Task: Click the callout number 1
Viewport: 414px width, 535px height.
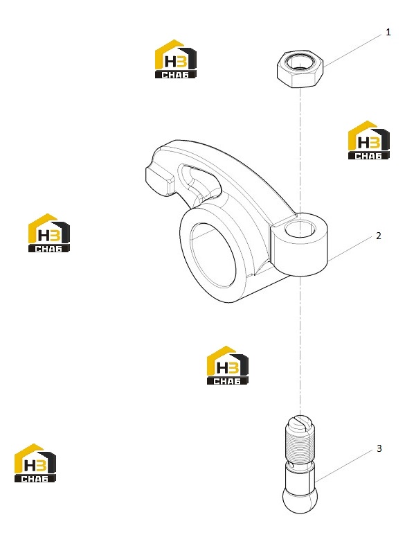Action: [388, 32]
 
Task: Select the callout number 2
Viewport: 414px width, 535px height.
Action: [378, 236]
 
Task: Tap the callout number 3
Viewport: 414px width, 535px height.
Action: [379, 448]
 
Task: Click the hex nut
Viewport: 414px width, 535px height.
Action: [300, 69]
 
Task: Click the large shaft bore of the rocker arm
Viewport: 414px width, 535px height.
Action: [213, 255]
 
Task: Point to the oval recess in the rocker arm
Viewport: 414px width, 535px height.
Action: [199, 180]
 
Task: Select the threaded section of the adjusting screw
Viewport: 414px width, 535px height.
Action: [300, 442]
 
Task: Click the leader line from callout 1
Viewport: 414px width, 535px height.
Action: [352, 51]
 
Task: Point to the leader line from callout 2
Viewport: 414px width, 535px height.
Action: [350, 248]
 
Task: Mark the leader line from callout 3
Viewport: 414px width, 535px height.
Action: [344, 465]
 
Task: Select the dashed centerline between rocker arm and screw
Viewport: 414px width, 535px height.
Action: [300, 347]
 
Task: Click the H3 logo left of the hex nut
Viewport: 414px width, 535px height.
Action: [176, 59]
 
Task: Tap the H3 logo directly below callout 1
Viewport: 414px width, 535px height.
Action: [369, 140]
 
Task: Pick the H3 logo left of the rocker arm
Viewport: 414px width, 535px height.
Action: [49, 233]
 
